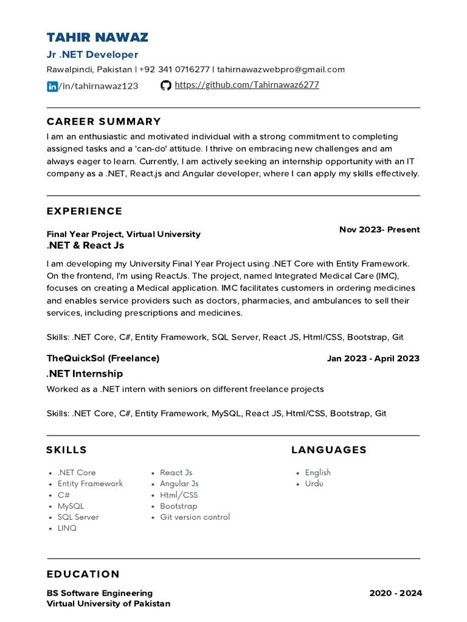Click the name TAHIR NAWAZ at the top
[x=97, y=37]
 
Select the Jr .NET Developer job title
[x=92, y=55]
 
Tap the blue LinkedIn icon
[x=52, y=86]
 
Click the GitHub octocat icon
[x=165, y=86]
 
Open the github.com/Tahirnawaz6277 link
[x=246, y=85]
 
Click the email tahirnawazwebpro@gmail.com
[x=281, y=69]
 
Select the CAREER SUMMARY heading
[x=104, y=121]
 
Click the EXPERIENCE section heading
[x=85, y=211]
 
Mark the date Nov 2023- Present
[x=379, y=230]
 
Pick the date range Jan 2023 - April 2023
[x=373, y=358]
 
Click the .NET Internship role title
[x=85, y=374]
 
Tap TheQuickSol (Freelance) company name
[x=103, y=358]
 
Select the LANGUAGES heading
[x=329, y=450]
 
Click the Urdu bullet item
[x=314, y=484]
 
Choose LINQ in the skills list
[x=67, y=528]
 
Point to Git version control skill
[x=195, y=518]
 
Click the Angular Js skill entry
[x=179, y=484]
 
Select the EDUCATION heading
[x=83, y=575]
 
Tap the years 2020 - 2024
[x=395, y=593]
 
